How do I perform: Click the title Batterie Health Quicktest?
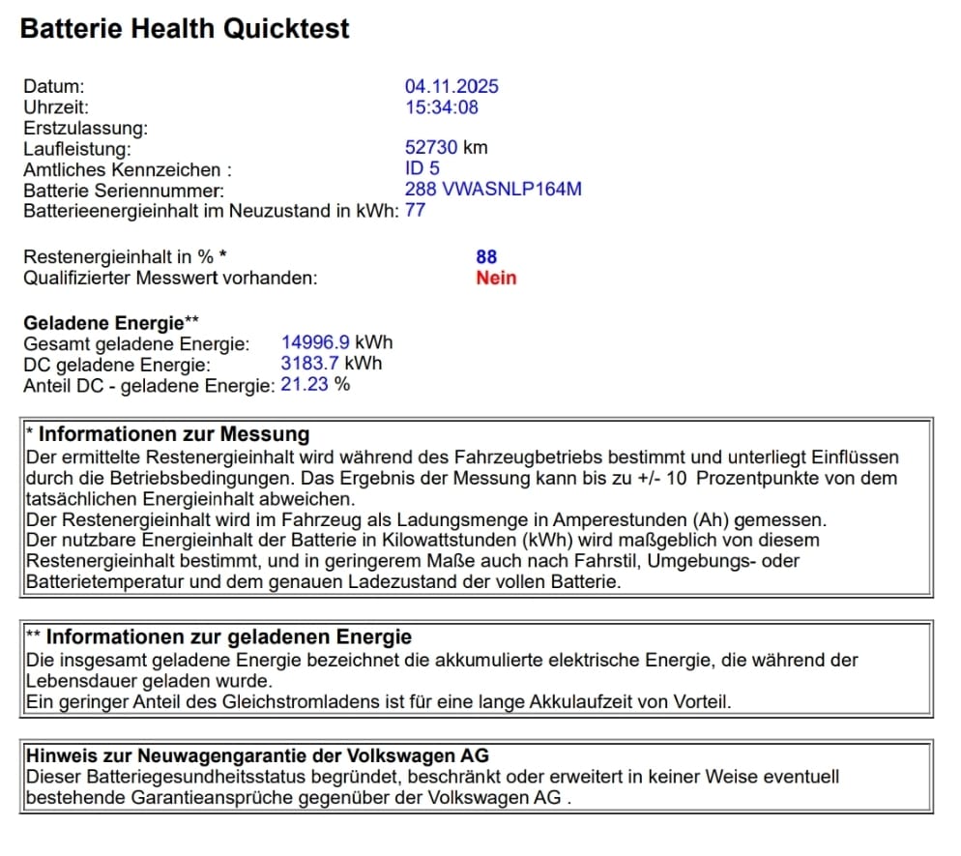point(185,28)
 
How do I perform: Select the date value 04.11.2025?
point(451,87)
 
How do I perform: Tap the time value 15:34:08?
point(442,107)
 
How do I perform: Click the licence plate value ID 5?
point(422,169)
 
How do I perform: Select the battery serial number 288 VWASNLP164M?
point(493,190)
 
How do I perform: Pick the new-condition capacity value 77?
point(415,210)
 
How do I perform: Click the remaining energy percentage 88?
point(486,257)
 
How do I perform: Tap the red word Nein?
point(496,279)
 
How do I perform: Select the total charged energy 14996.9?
point(316,343)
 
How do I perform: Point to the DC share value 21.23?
point(303,385)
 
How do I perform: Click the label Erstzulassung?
point(85,128)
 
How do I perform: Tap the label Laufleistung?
point(76,149)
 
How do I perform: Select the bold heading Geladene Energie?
point(103,323)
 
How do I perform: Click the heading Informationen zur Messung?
point(174,434)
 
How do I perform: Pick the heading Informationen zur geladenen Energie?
point(228,637)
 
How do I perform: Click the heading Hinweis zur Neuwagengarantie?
point(257,755)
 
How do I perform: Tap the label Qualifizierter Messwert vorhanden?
point(170,279)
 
